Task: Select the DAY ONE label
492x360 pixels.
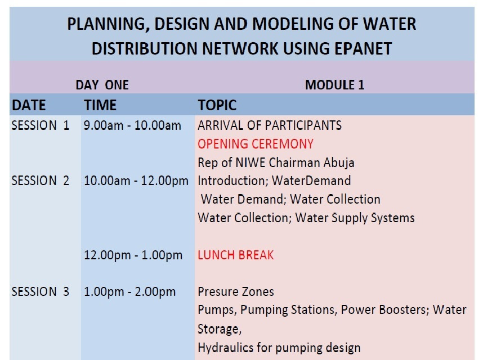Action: (102, 85)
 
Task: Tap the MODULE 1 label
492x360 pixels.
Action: (335, 85)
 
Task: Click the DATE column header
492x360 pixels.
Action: (29, 105)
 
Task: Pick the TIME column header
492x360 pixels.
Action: (100, 105)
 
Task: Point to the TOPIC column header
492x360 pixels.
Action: (217, 105)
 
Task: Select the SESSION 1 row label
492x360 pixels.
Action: (40, 125)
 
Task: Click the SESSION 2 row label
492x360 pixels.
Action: (40, 181)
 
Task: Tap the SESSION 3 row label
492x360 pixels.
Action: (40, 291)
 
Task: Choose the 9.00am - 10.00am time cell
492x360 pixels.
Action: (132, 125)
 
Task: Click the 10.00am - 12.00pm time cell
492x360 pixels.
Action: (136, 181)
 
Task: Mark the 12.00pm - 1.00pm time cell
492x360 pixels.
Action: (133, 255)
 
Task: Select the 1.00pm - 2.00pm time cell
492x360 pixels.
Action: (129, 291)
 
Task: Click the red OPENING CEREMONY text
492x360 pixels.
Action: (256, 144)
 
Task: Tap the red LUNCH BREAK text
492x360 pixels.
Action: (236, 255)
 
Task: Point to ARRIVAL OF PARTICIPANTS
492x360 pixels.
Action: (270, 125)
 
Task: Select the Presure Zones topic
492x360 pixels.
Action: (236, 291)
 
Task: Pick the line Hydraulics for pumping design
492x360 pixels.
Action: (279, 348)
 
